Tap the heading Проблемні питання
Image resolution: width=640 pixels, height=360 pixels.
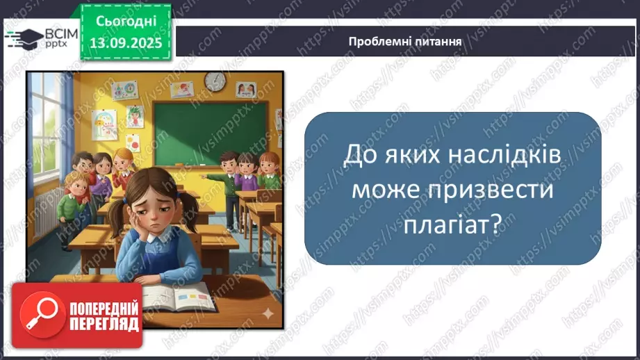405,41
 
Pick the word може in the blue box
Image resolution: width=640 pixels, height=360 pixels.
379,190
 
